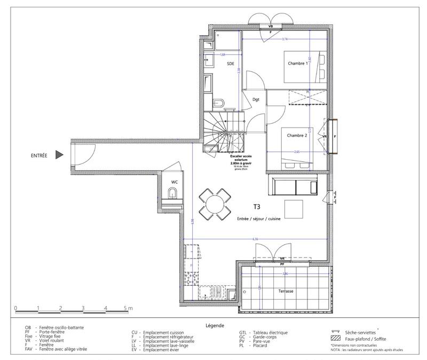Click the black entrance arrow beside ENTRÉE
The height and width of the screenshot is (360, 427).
click(x=60, y=155)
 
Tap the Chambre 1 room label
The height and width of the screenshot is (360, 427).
click(x=298, y=63)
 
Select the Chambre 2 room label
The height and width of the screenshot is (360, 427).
click(x=297, y=136)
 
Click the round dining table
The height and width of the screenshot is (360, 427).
click(x=214, y=205)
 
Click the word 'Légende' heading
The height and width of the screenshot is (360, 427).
click(x=214, y=325)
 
